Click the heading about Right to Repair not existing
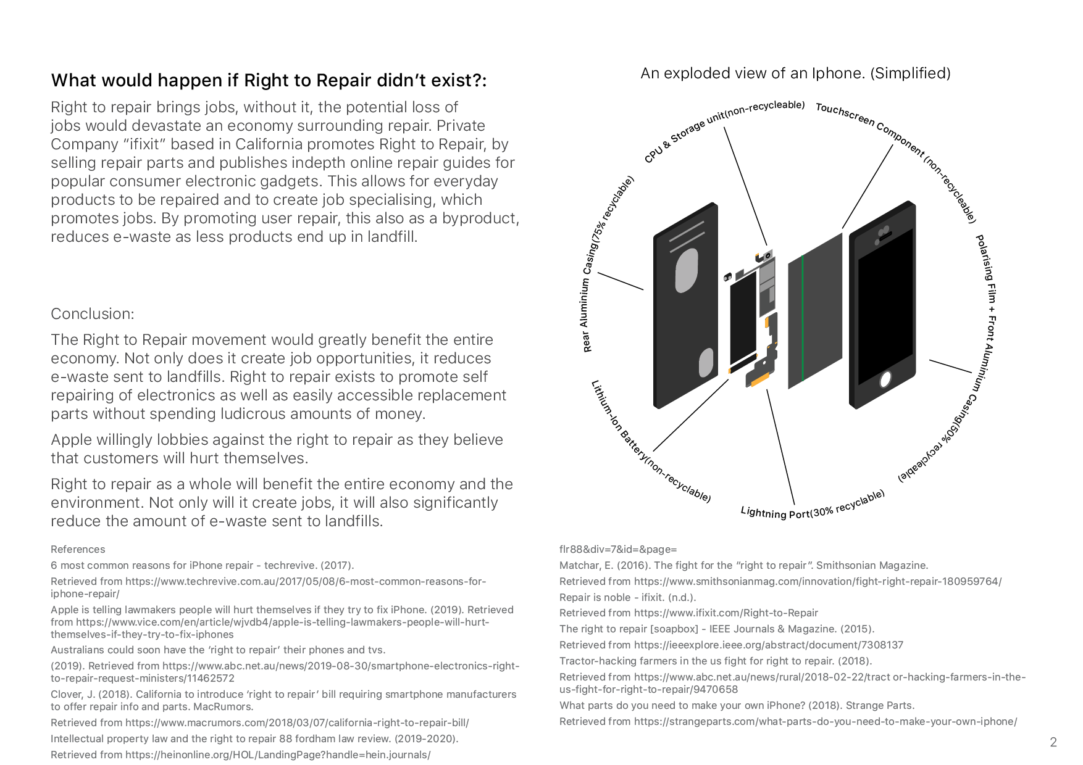click(x=269, y=80)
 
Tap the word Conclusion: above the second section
click(x=92, y=313)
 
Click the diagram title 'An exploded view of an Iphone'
click(x=795, y=73)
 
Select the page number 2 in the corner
click(x=1053, y=742)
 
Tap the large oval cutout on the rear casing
click(x=687, y=270)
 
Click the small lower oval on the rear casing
click(x=706, y=362)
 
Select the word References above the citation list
click(x=78, y=549)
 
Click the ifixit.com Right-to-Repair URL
click(x=725, y=613)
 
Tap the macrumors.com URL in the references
click(x=297, y=722)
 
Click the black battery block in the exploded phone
click(x=743, y=318)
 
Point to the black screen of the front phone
click(x=885, y=307)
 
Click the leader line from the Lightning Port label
click(x=780, y=447)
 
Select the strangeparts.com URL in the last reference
click(x=826, y=721)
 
